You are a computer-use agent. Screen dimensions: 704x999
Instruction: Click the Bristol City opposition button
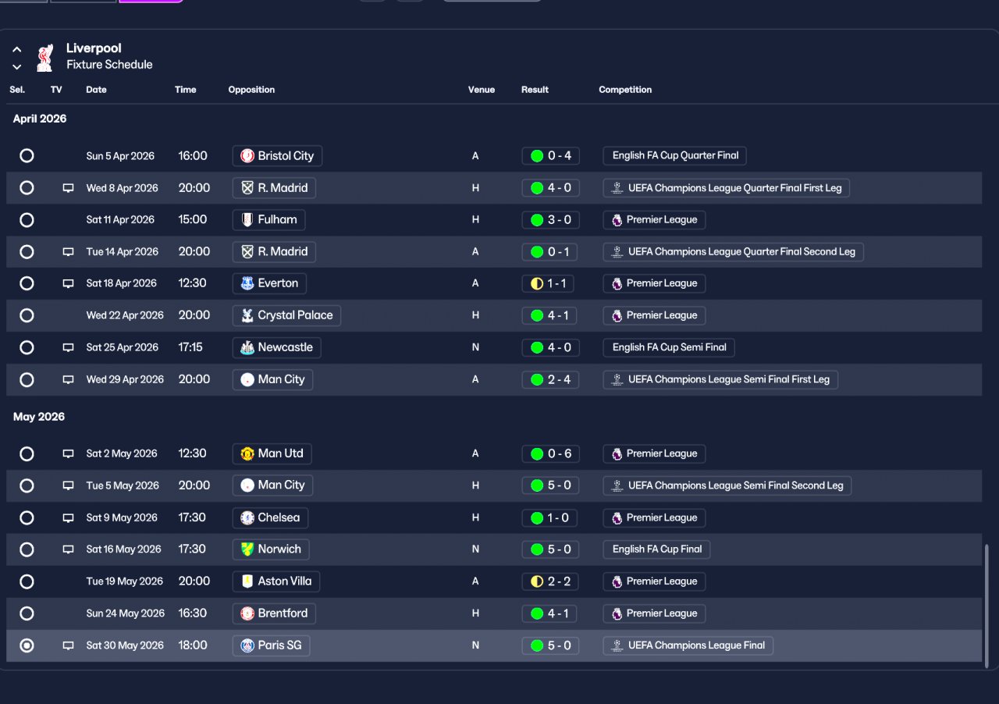pyautogui.click(x=277, y=156)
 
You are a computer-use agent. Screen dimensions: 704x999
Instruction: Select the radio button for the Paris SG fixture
pyautogui.click(x=27, y=645)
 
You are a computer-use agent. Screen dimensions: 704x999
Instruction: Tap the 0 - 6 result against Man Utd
pyautogui.click(x=550, y=453)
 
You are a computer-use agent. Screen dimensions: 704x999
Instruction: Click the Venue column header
pyautogui.click(x=481, y=90)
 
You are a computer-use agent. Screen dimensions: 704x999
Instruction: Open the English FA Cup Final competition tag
pyautogui.click(x=656, y=549)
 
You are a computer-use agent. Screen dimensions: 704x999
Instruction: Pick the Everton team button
pyautogui.click(x=269, y=283)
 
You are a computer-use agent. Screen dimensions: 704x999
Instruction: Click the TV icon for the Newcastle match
pyautogui.click(x=68, y=347)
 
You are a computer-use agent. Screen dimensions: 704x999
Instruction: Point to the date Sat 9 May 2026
pyautogui.click(x=122, y=517)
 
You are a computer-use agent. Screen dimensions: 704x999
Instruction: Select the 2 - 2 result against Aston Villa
pyautogui.click(x=550, y=581)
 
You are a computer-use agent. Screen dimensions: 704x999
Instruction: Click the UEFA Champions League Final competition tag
pyautogui.click(x=688, y=645)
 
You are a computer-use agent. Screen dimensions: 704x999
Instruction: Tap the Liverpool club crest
pyautogui.click(x=44, y=57)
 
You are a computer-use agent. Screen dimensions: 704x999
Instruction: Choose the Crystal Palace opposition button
pyautogui.click(x=286, y=315)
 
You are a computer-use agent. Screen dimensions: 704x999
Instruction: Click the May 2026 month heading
pyautogui.click(x=39, y=417)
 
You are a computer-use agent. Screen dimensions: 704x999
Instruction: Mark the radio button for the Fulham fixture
pyautogui.click(x=27, y=220)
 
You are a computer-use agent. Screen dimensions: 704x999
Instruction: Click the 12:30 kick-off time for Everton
pyautogui.click(x=192, y=283)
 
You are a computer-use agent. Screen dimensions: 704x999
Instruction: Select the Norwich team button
pyautogui.click(x=271, y=549)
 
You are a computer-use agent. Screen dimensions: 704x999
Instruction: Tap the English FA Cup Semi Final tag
pyautogui.click(x=669, y=347)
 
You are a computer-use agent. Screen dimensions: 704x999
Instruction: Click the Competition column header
pyautogui.click(x=625, y=90)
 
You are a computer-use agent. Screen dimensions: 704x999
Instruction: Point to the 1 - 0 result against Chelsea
pyautogui.click(x=550, y=517)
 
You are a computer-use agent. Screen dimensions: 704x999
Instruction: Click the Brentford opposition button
pyautogui.click(x=274, y=613)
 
